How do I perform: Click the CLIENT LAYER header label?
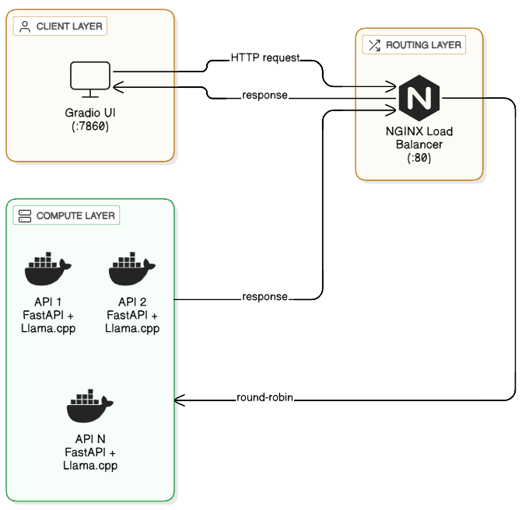click(68, 26)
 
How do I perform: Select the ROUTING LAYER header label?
click(423, 45)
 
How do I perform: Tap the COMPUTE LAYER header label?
click(75, 215)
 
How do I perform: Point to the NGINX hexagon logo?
click(419, 100)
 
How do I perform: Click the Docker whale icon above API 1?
click(48, 270)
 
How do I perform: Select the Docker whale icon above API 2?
click(132, 270)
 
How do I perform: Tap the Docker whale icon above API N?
click(90, 403)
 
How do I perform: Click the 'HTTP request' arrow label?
click(265, 58)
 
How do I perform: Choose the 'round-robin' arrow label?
click(265, 399)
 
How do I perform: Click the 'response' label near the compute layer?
click(265, 297)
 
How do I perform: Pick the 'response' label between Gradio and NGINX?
click(265, 96)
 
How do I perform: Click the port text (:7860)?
click(90, 126)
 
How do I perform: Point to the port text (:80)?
click(419, 157)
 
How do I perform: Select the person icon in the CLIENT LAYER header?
click(24, 26)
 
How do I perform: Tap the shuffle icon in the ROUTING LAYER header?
click(373, 45)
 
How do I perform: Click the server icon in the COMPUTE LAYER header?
click(24, 215)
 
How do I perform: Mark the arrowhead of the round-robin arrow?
click(179, 400)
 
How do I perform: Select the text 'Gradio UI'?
click(90, 114)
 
